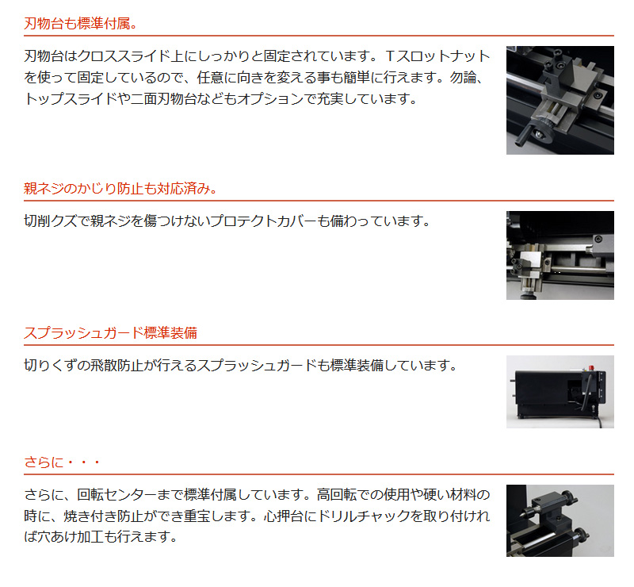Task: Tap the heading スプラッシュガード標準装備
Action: click(x=111, y=333)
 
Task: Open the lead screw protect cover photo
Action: click(x=560, y=255)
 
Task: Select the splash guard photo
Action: click(x=560, y=391)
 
